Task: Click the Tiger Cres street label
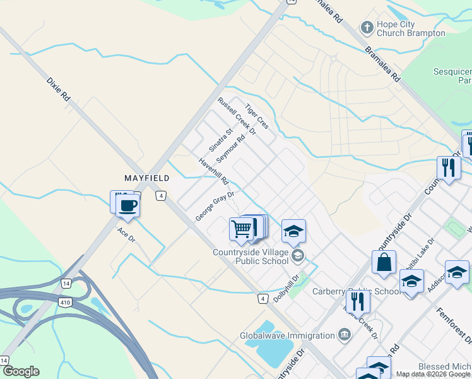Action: pos(257,116)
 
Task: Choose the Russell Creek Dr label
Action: pos(237,117)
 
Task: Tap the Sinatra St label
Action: pos(221,140)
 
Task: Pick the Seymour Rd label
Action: pos(230,148)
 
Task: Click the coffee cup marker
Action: pos(128,205)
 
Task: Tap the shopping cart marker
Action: pos(241,228)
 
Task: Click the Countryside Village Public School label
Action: pos(251,256)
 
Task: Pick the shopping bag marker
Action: pos(384,262)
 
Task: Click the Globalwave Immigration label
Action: pos(287,335)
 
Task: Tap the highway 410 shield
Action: pos(74,304)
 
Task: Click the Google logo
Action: pos(21,371)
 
